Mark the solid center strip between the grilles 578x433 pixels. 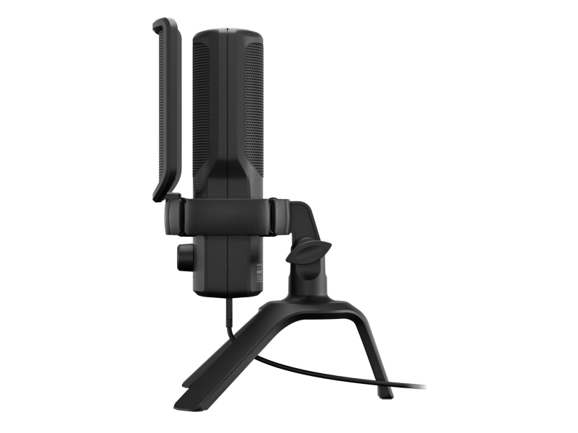coord(228,115)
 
